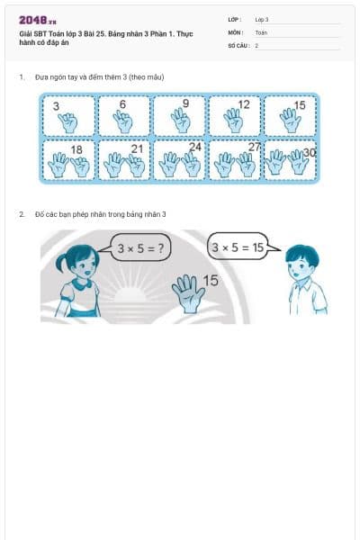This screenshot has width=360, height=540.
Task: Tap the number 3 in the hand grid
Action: tap(56, 106)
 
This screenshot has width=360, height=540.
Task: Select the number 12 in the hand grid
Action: tap(244, 104)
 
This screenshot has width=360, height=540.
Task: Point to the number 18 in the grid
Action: tap(76, 149)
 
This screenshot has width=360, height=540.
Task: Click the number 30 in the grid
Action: tap(310, 153)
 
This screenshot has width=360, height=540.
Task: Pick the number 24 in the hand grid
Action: tap(195, 147)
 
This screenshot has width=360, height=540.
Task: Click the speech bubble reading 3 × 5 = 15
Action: tap(238, 246)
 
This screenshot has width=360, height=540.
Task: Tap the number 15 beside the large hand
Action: tap(211, 281)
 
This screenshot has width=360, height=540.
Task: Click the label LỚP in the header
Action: tap(234, 19)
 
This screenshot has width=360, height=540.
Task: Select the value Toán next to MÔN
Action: tap(261, 31)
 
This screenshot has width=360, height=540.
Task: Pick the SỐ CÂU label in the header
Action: tap(238, 44)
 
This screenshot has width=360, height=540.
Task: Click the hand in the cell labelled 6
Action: tap(124, 121)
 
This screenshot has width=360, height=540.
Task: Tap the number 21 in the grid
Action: tap(137, 148)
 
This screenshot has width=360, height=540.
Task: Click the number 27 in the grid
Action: tap(254, 147)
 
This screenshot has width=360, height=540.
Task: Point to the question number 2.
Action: tap(22, 214)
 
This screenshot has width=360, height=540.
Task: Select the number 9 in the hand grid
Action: tap(185, 103)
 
